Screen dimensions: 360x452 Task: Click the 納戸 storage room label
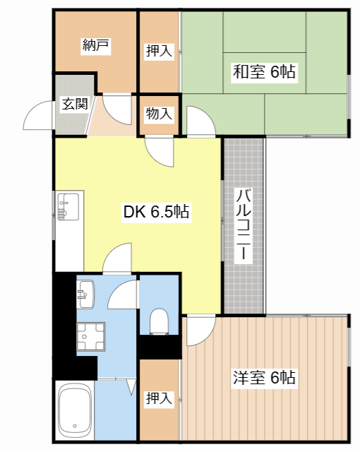(x=95, y=45)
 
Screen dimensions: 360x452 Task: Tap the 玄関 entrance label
(x=75, y=104)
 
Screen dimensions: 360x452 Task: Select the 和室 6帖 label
(x=264, y=71)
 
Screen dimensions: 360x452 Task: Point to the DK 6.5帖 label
(x=156, y=211)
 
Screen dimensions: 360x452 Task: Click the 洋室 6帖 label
(x=264, y=377)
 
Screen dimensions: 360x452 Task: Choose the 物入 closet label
(x=159, y=113)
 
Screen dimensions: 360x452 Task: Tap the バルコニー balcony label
(x=244, y=225)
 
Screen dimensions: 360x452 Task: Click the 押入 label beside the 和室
(x=159, y=51)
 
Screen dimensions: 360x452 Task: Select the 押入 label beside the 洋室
(x=159, y=398)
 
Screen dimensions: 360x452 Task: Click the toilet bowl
(x=159, y=321)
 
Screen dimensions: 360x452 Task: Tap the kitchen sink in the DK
(x=68, y=207)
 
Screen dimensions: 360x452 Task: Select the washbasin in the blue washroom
(x=85, y=294)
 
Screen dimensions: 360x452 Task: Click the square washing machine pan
(x=90, y=336)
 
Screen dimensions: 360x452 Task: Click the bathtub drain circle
(x=75, y=426)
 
